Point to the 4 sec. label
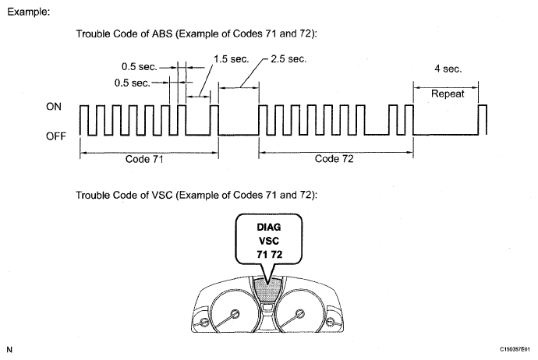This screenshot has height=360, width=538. click(448, 69)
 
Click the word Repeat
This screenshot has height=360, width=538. click(448, 93)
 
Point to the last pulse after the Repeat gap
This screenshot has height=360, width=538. click(483, 119)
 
